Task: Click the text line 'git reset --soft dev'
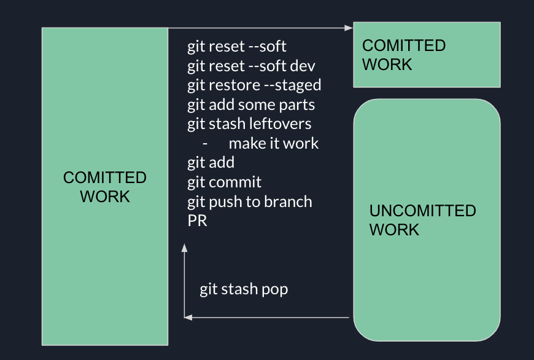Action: point(252,66)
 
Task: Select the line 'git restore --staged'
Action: point(254,85)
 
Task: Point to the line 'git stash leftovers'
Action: point(249,124)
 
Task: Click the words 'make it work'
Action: point(274,144)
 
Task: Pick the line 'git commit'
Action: point(225,182)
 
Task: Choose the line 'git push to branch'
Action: point(250,202)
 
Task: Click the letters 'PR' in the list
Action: point(197,221)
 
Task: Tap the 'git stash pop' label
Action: point(244,289)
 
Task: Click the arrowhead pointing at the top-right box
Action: point(349,28)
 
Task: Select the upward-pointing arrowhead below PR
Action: point(184,248)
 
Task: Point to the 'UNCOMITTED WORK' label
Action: point(422,220)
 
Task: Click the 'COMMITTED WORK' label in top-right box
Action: point(403,55)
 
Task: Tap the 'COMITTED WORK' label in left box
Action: point(105,187)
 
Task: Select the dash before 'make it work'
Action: point(205,144)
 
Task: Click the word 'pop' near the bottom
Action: point(275,289)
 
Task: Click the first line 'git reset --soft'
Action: point(237,47)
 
